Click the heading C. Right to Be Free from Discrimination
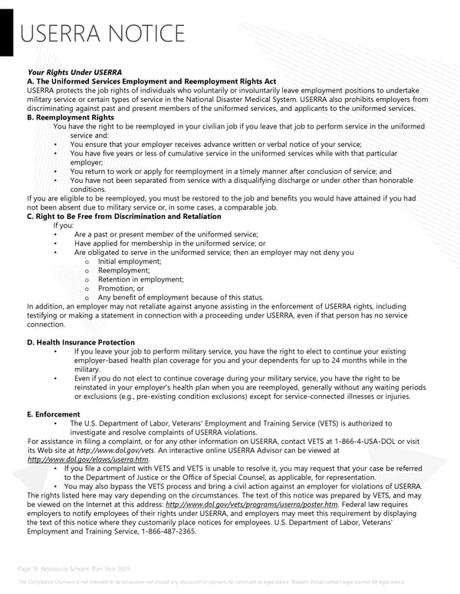tap(123, 217)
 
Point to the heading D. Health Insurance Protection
tap(80, 342)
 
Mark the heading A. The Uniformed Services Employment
tap(151, 81)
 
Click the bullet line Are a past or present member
tap(166, 234)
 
